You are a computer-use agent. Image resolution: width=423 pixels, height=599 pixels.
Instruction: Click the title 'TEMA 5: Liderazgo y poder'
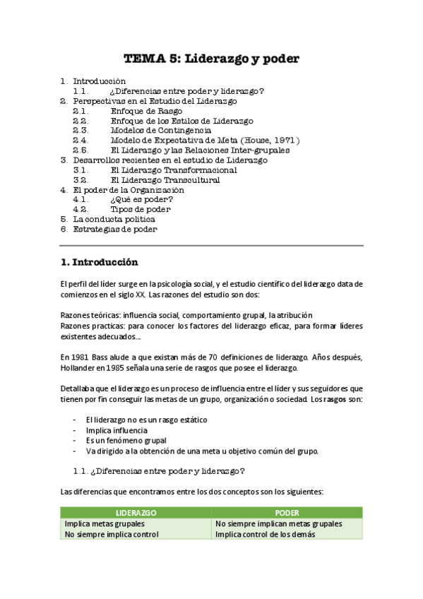pyautogui.click(x=212, y=59)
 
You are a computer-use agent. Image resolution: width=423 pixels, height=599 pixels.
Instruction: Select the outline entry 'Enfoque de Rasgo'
pyautogui.click(x=146, y=111)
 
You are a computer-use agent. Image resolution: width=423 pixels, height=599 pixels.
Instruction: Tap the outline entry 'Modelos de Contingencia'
pyautogui.click(x=160, y=131)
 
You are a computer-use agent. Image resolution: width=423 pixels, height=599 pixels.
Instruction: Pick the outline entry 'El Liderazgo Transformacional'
pyautogui.click(x=174, y=170)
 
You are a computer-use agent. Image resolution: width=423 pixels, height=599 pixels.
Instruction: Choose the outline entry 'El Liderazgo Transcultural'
pyautogui.click(x=165, y=180)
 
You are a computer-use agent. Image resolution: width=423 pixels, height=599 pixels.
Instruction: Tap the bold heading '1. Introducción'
pyautogui.click(x=100, y=262)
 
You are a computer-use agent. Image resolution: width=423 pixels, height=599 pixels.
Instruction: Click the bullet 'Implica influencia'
pyautogui.click(x=117, y=429)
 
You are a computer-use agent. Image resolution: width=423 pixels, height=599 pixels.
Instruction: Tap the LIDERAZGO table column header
pyautogui.click(x=136, y=512)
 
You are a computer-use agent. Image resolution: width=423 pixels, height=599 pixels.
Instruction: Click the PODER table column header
pyautogui.click(x=287, y=512)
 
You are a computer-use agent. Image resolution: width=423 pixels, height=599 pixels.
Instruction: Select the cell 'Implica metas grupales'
pyautogui.click(x=105, y=523)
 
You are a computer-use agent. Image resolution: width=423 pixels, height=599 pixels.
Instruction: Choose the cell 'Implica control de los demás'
pyautogui.click(x=265, y=534)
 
